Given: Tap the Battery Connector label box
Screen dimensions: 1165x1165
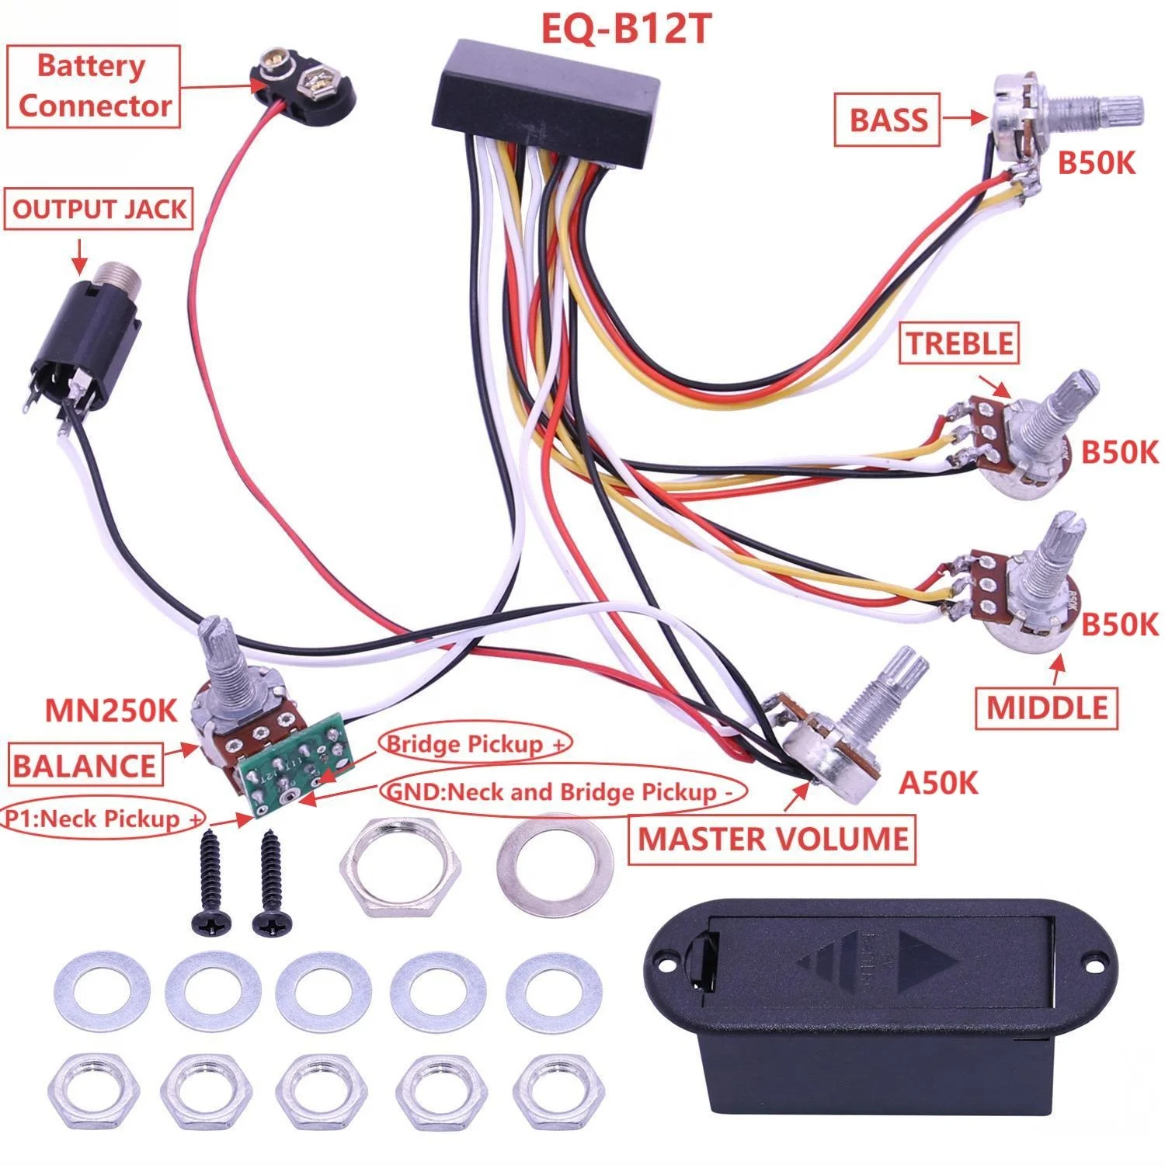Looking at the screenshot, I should [93, 86].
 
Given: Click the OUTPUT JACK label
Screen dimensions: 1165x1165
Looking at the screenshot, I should [99, 210].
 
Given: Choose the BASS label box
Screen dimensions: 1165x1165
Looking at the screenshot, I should [888, 120].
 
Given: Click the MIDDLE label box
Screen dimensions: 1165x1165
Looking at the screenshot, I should [1047, 708].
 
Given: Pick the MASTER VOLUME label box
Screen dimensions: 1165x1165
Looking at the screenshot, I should [772, 839].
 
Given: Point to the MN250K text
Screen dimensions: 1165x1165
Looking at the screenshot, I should [112, 710].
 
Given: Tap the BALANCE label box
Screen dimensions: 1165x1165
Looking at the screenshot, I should [85, 766].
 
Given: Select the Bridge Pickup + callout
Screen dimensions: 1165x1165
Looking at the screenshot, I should [475, 744].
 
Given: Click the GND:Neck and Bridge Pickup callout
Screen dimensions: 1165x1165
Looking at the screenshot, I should [559, 792].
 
